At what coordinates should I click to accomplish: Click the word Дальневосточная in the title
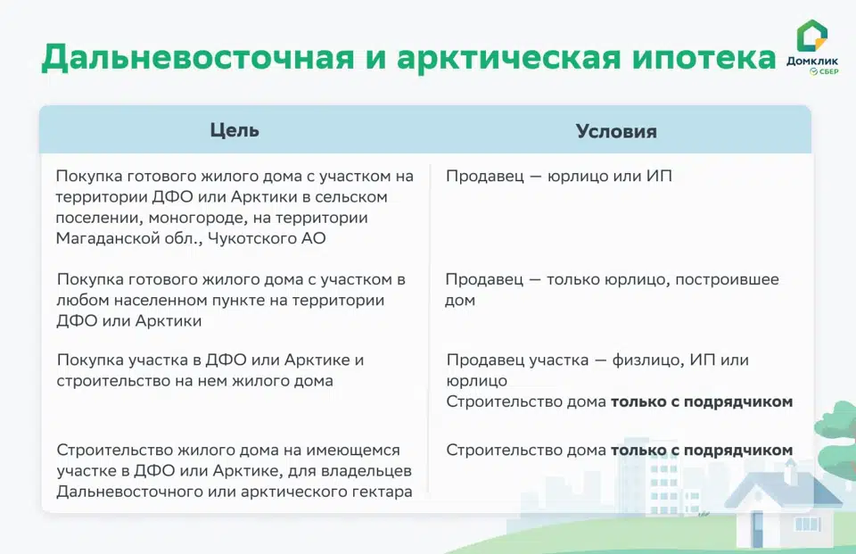point(198,57)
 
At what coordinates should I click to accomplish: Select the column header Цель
point(235,130)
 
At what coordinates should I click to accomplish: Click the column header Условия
point(616,131)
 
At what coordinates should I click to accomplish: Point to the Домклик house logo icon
point(811,36)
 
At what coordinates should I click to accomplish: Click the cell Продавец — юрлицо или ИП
point(559,177)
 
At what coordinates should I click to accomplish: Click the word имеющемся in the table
point(353,451)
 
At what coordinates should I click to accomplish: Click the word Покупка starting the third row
point(90,360)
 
